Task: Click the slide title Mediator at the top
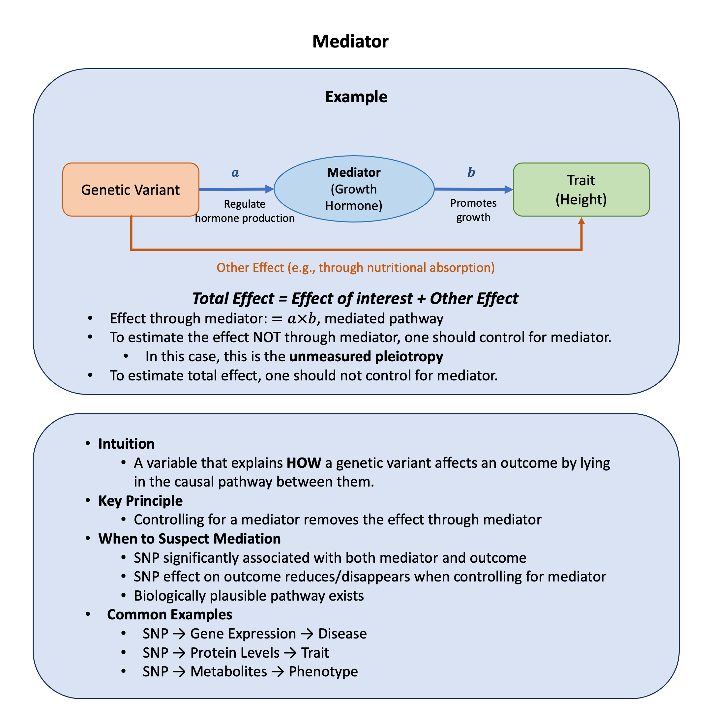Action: tap(350, 41)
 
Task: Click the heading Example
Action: tap(356, 97)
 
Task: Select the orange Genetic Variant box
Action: tap(131, 190)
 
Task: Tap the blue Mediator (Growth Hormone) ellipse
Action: tap(354, 189)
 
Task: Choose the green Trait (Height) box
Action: tap(581, 190)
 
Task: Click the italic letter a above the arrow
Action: tap(235, 172)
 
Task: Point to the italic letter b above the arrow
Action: tap(471, 172)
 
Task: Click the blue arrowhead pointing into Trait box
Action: tap(509, 190)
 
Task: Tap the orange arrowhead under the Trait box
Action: tap(581, 221)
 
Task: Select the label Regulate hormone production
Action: tap(245, 211)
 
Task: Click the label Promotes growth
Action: tap(473, 210)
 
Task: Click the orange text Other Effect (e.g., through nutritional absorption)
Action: tap(356, 268)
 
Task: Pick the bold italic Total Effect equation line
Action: tap(355, 299)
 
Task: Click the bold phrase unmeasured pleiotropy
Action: tap(366, 356)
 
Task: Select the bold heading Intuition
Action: tap(126, 444)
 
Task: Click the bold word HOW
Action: tap(304, 463)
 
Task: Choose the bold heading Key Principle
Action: tap(140, 501)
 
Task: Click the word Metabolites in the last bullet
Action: tap(228, 671)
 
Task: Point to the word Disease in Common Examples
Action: tap(342, 634)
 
